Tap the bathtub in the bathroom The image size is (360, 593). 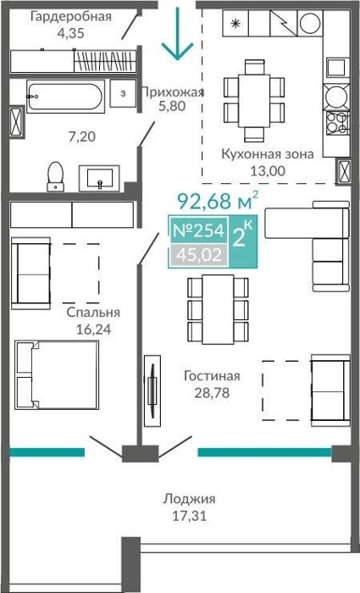(x=66, y=97)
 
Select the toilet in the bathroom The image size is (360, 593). (x=55, y=176)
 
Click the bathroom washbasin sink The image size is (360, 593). (x=99, y=178)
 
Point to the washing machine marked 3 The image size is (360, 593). (x=123, y=93)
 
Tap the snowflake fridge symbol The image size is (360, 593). (x=235, y=24)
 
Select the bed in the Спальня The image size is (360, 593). (x=57, y=374)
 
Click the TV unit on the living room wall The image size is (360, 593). (x=152, y=391)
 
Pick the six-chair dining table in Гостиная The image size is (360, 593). (x=218, y=309)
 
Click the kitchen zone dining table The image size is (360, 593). (x=254, y=101)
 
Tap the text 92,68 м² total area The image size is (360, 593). (x=219, y=201)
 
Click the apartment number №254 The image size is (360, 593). (x=198, y=230)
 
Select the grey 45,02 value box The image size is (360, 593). (x=199, y=255)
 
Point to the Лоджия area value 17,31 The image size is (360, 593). (x=190, y=515)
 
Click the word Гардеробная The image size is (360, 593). (x=71, y=17)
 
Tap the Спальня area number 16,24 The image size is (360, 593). (x=93, y=329)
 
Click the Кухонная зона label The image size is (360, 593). (x=268, y=154)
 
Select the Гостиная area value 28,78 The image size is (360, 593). (x=212, y=393)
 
